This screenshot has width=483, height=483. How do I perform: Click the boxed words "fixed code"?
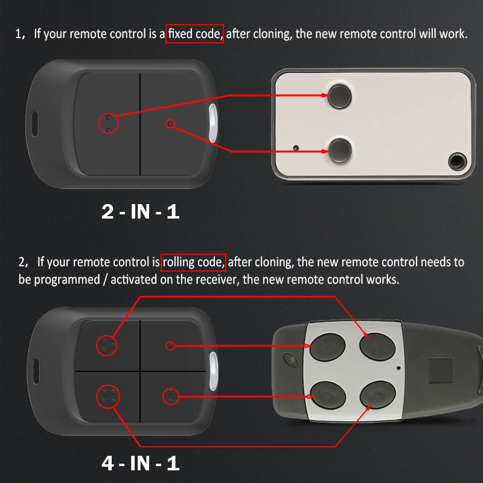coord(195,33)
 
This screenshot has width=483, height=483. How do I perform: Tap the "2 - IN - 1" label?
coord(140,212)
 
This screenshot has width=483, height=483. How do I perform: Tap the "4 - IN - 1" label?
coord(140,463)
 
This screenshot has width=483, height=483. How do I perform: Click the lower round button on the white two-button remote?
coord(340,148)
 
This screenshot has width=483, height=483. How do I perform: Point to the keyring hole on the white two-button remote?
coord(456,161)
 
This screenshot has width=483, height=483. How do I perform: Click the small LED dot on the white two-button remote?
coord(295,148)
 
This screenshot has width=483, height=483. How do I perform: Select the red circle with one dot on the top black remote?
coord(170,123)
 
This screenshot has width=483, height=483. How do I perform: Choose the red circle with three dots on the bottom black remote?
coord(107,345)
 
